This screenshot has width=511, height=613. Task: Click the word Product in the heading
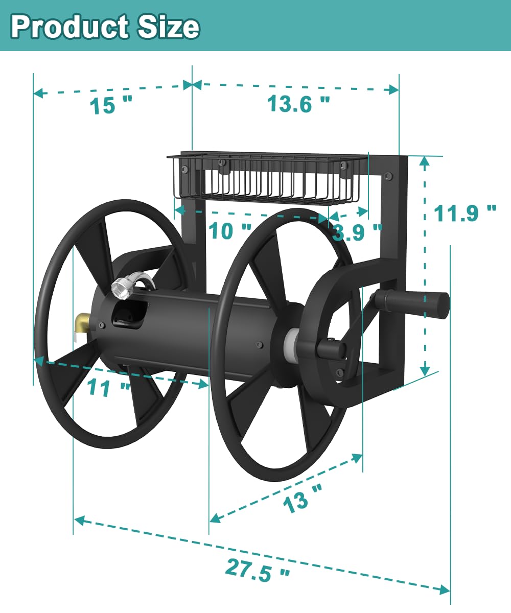click(x=69, y=27)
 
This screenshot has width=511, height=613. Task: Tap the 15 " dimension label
click(x=110, y=106)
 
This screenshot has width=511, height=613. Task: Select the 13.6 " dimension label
click(x=298, y=105)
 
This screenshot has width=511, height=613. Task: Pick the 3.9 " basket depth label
click(x=357, y=233)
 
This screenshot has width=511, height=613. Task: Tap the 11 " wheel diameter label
click(x=108, y=388)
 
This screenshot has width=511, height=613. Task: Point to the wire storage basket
click(x=266, y=179)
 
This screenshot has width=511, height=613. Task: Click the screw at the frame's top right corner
click(x=388, y=176)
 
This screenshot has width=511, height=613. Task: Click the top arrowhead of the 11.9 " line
click(x=424, y=161)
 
